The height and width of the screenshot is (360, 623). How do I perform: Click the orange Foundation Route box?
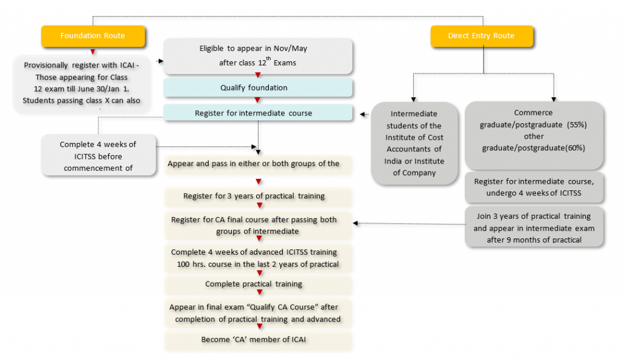click(92, 36)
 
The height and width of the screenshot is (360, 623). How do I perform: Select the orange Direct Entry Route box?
click(481, 36)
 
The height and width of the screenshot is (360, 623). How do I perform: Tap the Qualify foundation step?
click(258, 88)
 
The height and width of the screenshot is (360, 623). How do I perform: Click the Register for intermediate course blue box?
click(258, 113)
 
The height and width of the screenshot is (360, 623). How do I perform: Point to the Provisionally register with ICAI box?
click(80, 83)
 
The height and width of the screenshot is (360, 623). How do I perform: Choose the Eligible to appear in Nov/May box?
click(258, 56)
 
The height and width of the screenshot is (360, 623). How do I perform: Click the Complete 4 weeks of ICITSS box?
click(99, 156)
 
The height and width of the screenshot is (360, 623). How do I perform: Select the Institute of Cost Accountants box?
click(414, 143)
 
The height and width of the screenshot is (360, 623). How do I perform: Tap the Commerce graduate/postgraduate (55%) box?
click(534, 130)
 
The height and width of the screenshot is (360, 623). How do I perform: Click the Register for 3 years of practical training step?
click(258, 196)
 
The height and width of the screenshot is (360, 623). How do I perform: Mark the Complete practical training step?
click(258, 284)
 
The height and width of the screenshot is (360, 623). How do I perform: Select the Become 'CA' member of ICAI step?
click(258, 339)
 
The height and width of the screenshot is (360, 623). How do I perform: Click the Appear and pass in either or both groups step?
click(258, 164)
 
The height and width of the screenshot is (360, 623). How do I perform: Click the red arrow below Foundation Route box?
click(92, 52)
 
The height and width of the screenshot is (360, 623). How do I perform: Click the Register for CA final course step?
click(258, 225)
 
